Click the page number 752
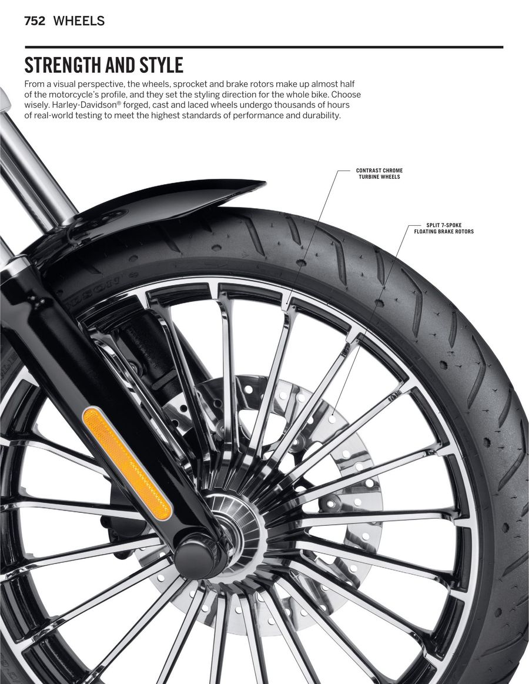point(35,21)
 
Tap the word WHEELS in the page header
point(79,21)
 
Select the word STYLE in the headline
point(161,65)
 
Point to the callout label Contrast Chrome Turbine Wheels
point(380,173)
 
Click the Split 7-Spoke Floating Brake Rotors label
point(444,228)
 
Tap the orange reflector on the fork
point(127,463)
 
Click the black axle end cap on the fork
point(195,558)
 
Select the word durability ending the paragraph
point(320,116)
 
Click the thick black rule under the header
point(264,47)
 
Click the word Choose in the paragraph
point(346,95)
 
